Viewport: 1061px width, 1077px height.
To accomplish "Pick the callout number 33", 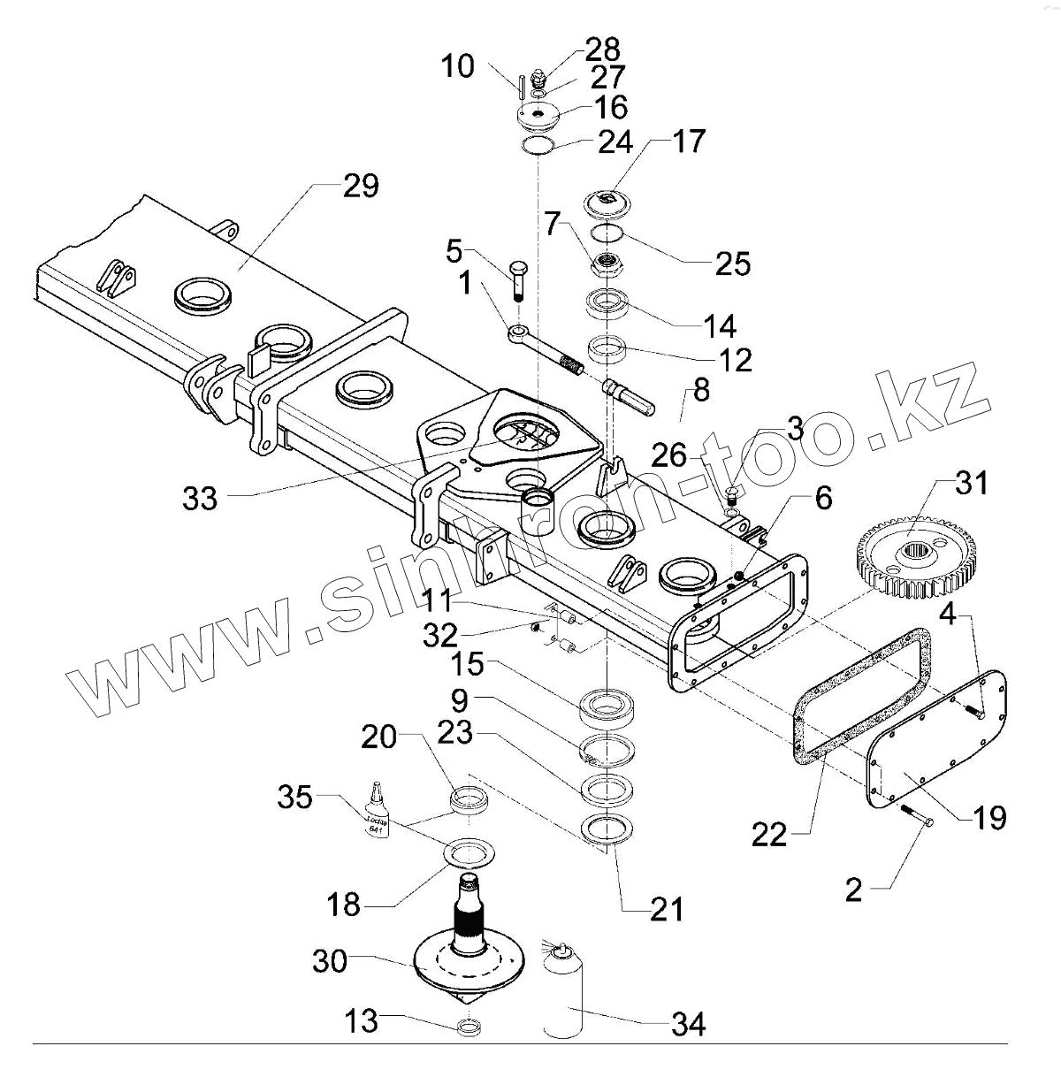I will click(x=200, y=498).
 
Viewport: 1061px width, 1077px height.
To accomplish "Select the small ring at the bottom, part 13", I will click(x=470, y=1028).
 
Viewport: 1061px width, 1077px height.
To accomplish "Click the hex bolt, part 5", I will click(x=517, y=276).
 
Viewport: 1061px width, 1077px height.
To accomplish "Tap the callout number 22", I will click(x=769, y=834).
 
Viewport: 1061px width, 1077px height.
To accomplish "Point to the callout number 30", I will click(x=329, y=961).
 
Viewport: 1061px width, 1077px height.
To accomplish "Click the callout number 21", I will click(x=666, y=909).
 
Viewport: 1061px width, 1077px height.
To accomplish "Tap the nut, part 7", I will click(x=606, y=263).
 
